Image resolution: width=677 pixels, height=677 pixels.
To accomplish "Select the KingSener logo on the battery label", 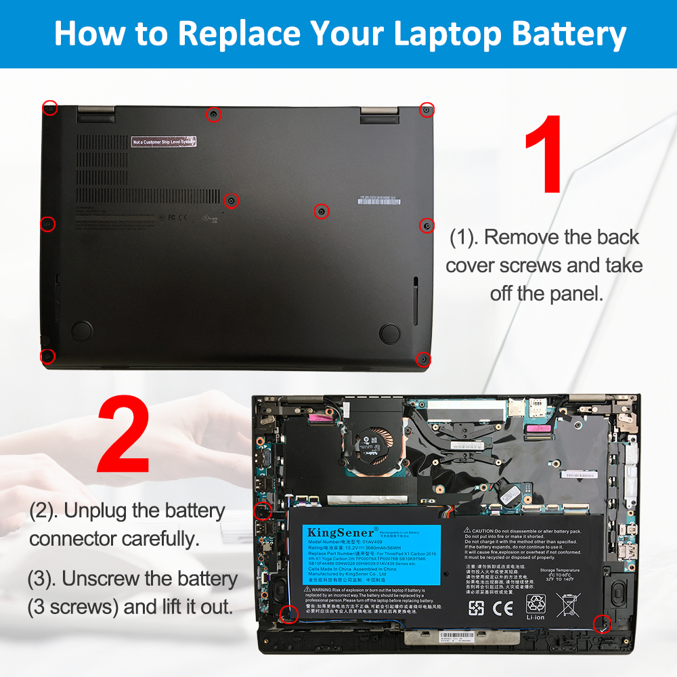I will pos(336,532).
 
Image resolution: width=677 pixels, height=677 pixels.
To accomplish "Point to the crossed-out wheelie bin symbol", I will pos(567,605).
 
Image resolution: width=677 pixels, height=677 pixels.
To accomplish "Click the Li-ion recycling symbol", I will pos(536,605).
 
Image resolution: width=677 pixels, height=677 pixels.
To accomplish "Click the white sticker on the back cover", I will pos(164,141).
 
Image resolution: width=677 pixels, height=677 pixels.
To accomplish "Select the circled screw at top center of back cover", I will pos(213,115).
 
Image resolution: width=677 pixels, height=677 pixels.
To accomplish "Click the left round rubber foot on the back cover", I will pos(82,330).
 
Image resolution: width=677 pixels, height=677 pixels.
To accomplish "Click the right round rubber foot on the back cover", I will pos(390,332).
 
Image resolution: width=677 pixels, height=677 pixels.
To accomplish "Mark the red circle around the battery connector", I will pos(262,511).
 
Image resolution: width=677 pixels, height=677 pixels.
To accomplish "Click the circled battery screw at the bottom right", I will pos(601,624).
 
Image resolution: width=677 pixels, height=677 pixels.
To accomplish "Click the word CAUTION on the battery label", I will pos(489,531).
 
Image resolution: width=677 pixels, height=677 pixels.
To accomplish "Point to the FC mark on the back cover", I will pos(172,218).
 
